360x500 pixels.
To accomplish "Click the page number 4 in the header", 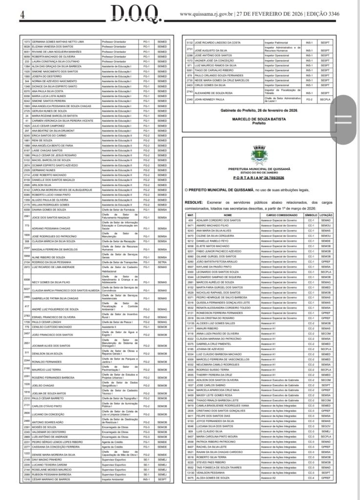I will coord(22,14).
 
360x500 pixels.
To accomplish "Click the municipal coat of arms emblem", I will coord(256,156).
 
